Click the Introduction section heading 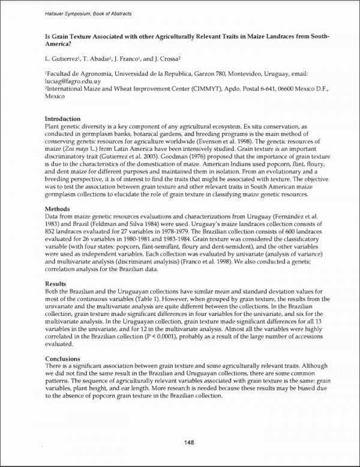pos(62,118)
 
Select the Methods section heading pos(59,208)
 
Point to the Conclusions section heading pos(64,358)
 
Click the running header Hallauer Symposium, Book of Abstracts pos(88,13)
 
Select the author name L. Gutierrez pos(63,59)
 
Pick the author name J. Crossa pos(170,59)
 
